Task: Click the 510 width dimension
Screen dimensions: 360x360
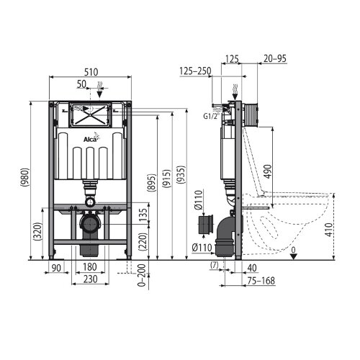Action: point(91,72)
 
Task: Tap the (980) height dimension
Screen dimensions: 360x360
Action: point(26,177)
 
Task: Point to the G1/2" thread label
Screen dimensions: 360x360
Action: point(212,117)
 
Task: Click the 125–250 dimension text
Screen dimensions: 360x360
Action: point(195,71)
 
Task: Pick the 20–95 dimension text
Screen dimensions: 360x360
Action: point(275,58)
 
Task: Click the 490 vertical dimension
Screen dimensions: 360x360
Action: point(269,171)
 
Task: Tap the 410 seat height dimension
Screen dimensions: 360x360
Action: point(330,230)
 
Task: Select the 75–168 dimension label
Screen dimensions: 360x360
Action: point(261,281)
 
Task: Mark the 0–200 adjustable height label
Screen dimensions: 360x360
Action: point(142,275)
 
